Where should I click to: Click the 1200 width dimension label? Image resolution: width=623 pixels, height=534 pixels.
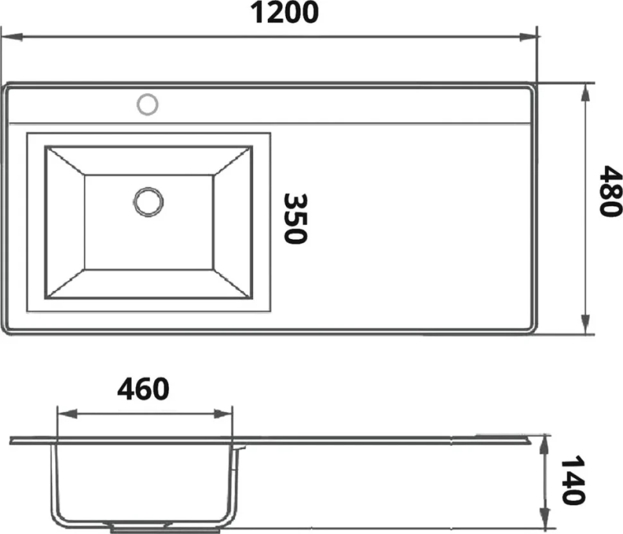click(x=285, y=12)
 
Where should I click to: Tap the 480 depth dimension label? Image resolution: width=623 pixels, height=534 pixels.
click(x=610, y=191)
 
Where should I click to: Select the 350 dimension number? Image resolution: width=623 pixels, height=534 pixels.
click(x=295, y=218)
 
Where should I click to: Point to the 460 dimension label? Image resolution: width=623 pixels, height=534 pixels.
click(x=143, y=389)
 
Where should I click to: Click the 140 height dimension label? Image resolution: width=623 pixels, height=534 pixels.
click(x=572, y=480)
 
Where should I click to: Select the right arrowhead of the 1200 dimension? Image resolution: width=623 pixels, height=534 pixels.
click(x=529, y=37)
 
